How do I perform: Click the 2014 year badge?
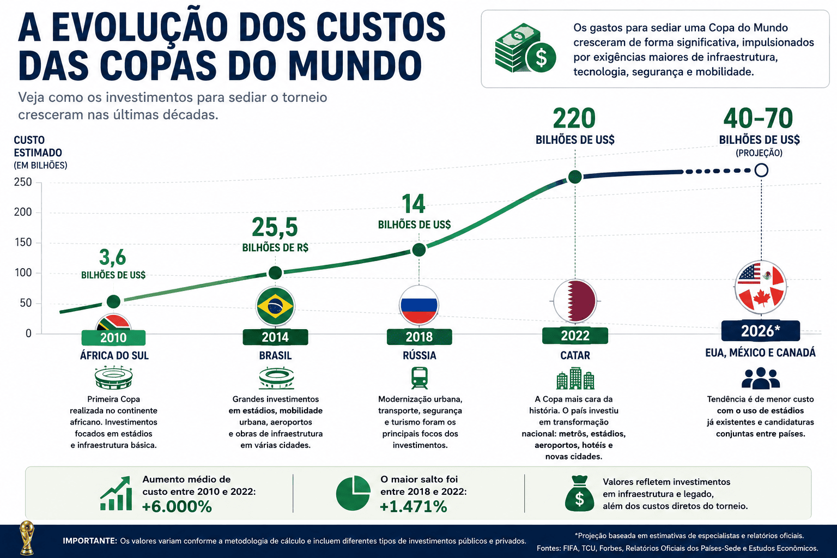275,337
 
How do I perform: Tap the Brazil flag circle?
275,306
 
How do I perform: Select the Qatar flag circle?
575,301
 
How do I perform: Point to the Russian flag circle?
419,305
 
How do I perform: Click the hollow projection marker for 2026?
761,170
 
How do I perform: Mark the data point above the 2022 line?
575,177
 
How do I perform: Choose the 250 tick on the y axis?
23,182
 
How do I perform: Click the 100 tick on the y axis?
23,272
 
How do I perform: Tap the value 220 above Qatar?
574,118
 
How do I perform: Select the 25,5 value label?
275,227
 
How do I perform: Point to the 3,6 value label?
112,258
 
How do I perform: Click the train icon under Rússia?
419,378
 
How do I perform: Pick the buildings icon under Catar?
575,378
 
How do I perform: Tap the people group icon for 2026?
760,378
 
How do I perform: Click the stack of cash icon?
525,48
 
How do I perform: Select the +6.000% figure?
177,507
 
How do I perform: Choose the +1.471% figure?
413,507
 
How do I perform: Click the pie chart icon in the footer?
353,493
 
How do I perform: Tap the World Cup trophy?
27,538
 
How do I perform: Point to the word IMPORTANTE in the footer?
90,541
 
